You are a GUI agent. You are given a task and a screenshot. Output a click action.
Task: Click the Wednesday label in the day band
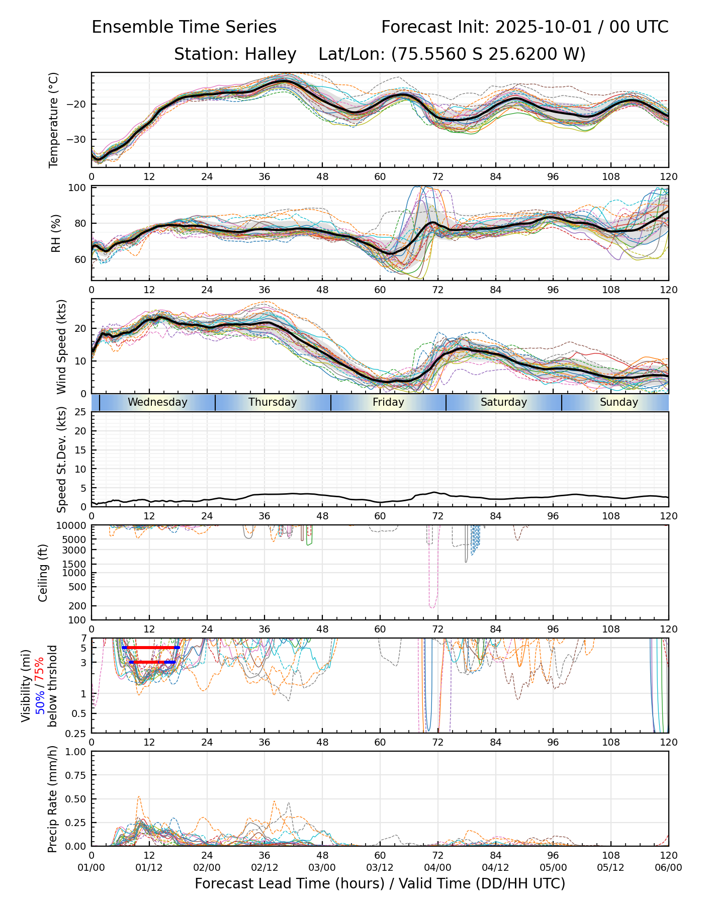tap(157, 402)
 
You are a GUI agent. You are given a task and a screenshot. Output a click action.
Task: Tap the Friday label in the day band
tap(388, 402)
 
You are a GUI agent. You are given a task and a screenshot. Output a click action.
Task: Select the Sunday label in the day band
tap(619, 402)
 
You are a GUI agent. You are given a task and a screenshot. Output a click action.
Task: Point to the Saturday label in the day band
tap(503, 402)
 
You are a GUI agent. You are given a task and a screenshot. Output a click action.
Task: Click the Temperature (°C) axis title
tap(54, 120)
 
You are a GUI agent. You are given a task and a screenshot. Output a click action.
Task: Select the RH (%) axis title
tap(56, 233)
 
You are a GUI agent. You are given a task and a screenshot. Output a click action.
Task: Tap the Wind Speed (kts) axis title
tap(61, 346)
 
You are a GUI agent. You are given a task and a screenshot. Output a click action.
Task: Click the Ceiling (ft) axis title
tap(43, 573)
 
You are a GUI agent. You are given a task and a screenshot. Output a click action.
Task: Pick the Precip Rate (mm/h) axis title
tap(52, 799)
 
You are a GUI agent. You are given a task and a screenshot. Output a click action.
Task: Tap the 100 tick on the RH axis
tap(77, 188)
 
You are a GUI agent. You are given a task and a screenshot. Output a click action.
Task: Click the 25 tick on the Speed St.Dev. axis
tap(80, 412)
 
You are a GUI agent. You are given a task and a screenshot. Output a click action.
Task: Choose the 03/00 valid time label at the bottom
tap(322, 868)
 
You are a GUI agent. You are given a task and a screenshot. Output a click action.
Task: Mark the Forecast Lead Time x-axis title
tap(380, 884)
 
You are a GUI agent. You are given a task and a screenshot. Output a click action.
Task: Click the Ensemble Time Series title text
tap(184, 27)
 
